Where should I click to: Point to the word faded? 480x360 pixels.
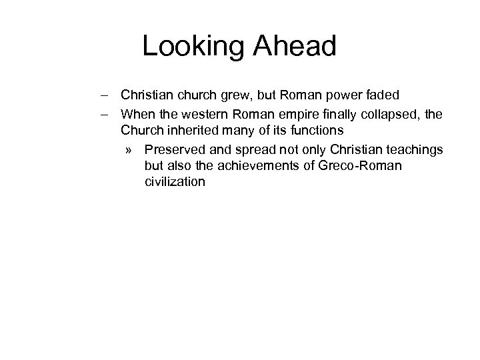(x=382, y=95)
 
